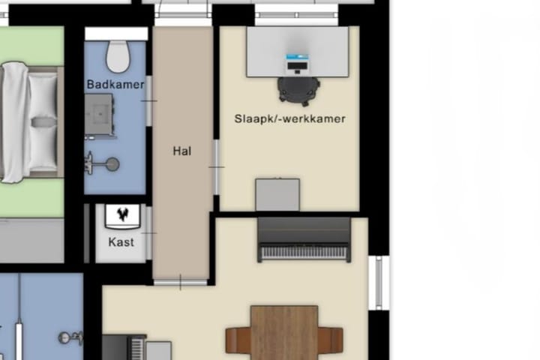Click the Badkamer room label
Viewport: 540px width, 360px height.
pos(115,85)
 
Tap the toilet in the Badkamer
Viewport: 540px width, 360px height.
pos(117,55)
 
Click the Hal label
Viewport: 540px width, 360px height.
pos(182,151)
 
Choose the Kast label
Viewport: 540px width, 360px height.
pos(121,241)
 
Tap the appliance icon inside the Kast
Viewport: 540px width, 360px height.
pos(121,216)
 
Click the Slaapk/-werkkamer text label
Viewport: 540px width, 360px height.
pos(289,118)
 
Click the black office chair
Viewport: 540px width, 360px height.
pos(298,90)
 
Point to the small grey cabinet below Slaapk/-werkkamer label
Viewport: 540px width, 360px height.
pos(277,194)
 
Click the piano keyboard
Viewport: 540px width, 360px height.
pos(304,252)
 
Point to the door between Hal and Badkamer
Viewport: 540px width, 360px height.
pos(149,100)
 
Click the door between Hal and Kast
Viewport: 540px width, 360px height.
pos(149,233)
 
